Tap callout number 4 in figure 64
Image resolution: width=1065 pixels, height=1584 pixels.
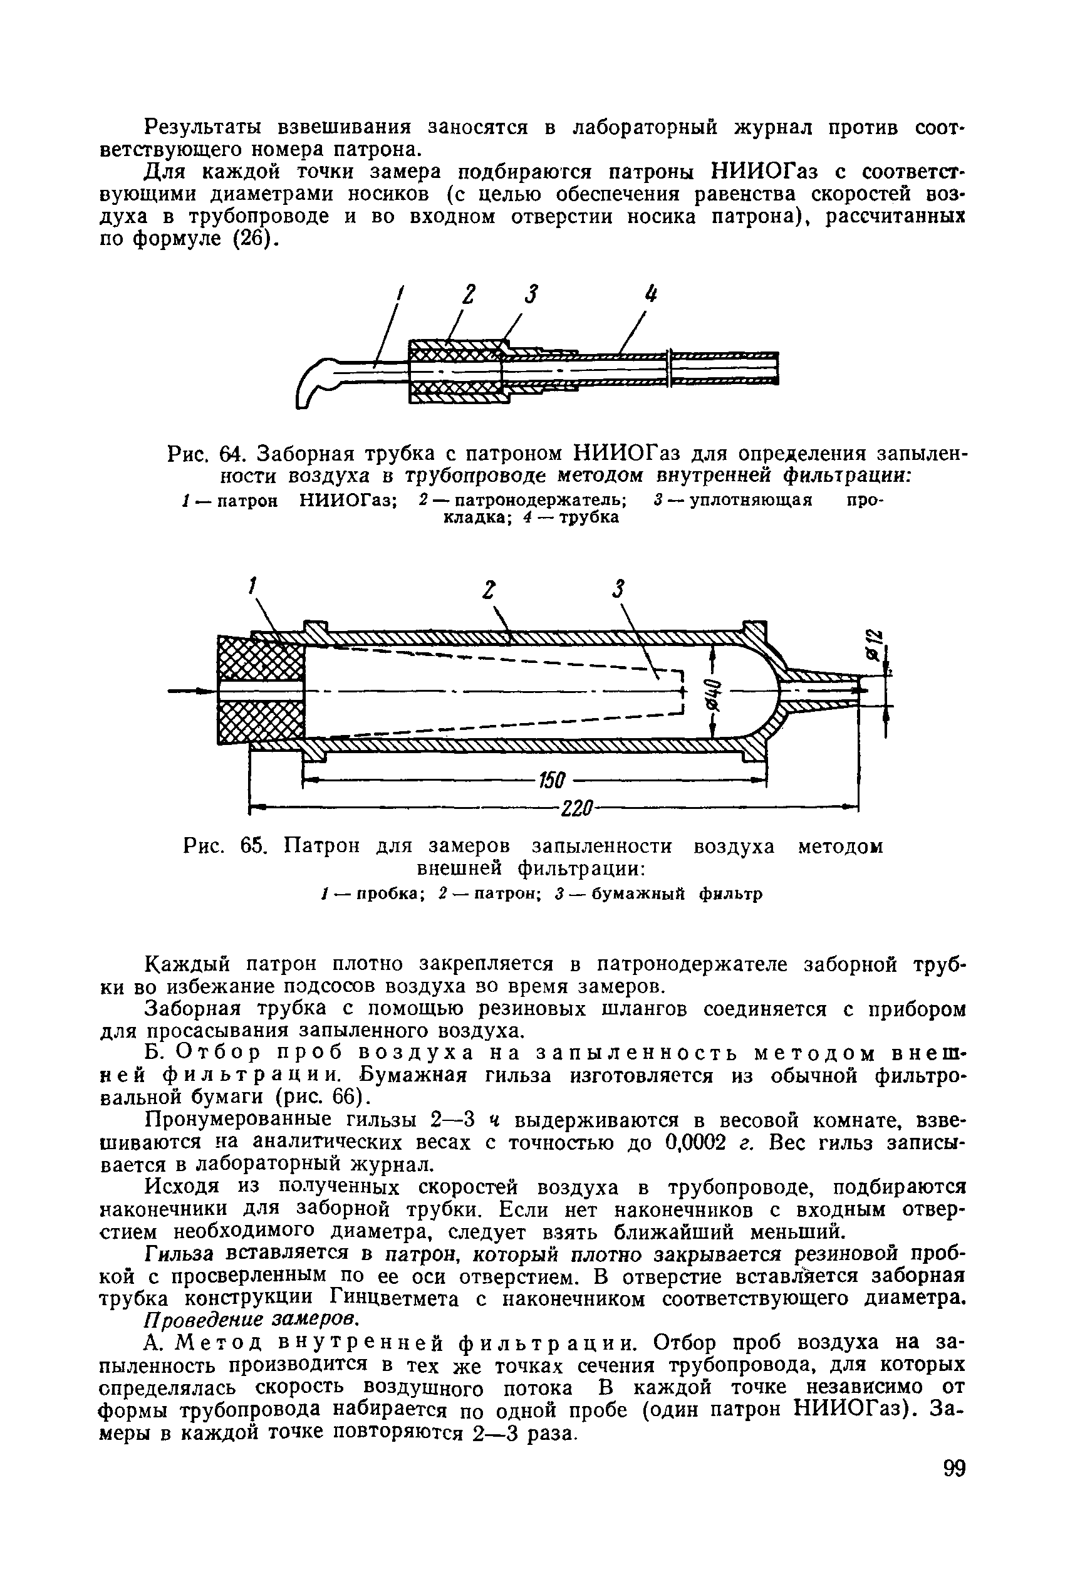[652, 296]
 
